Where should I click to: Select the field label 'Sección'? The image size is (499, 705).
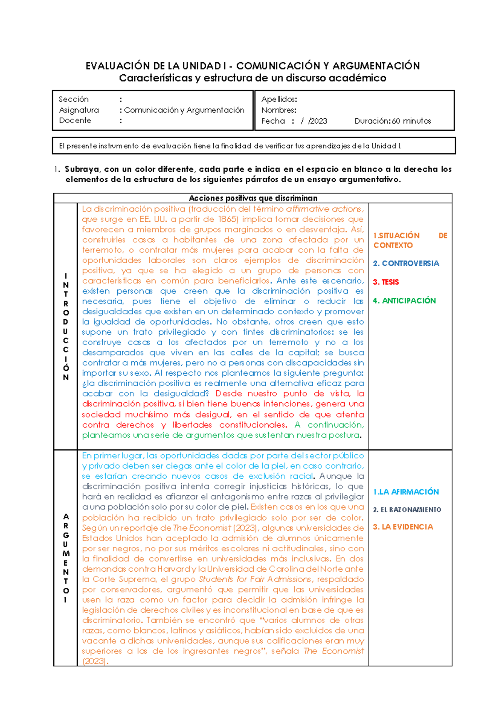click(73, 99)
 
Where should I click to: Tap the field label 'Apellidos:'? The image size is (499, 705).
click(279, 99)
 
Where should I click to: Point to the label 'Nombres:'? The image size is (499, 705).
click(279, 110)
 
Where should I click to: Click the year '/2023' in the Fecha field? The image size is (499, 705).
click(318, 121)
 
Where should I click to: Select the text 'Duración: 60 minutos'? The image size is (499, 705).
click(392, 121)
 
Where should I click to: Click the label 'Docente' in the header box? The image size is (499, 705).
click(75, 120)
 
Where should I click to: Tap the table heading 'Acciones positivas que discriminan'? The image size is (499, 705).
click(253, 198)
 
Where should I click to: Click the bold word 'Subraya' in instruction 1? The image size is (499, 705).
click(82, 169)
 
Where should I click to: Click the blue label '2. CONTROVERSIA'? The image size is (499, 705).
click(406, 263)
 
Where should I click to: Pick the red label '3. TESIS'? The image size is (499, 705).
click(386, 282)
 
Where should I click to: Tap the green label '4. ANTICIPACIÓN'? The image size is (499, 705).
click(404, 301)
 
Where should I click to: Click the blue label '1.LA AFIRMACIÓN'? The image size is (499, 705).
click(406, 492)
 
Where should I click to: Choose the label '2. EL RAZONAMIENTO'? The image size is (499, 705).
click(407, 509)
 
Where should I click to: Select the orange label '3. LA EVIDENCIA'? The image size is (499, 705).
click(403, 527)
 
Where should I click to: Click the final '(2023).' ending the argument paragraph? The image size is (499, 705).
click(95, 661)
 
